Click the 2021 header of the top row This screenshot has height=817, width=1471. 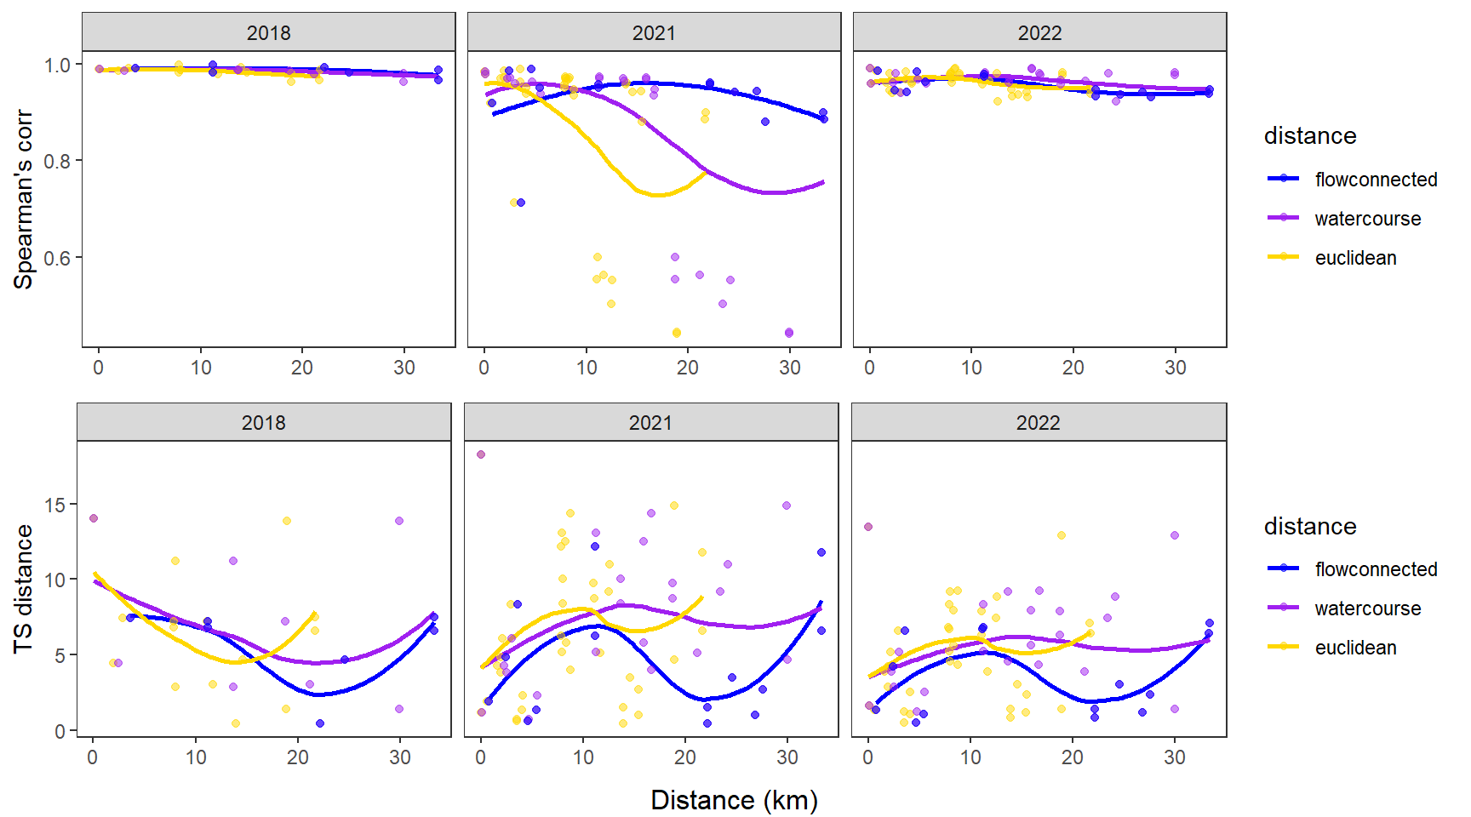(x=654, y=33)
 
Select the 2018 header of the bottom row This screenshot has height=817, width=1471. (x=264, y=423)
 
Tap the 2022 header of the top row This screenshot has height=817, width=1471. (x=1039, y=33)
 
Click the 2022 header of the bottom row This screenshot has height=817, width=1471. (x=1038, y=423)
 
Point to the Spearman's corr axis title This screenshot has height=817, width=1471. (x=23, y=199)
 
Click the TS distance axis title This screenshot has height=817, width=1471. (x=23, y=589)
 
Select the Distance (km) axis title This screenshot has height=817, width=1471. (x=734, y=800)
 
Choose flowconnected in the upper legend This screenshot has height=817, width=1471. (x=1376, y=180)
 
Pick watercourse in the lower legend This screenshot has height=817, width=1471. (x=1367, y=608)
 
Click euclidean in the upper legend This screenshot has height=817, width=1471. (x=1355, y=258)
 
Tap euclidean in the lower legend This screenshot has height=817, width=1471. (x=1355, y=648)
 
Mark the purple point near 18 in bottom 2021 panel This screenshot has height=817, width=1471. (x=481, y=454)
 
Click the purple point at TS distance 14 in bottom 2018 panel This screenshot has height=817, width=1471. (x=94, y=518)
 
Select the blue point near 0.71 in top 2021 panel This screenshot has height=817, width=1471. (x=521, y=203)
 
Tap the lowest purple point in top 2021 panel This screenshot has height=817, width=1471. (x=789, y=333)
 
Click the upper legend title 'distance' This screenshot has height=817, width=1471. (x=1310, y=136)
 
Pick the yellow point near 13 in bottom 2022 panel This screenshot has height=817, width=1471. (x=1062, y=535)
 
